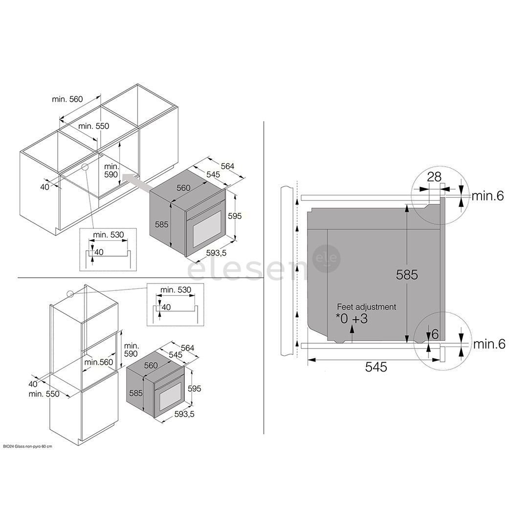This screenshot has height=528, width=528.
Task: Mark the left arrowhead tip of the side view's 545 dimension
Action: click(308, 360)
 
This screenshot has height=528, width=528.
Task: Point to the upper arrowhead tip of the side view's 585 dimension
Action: click(407, 205)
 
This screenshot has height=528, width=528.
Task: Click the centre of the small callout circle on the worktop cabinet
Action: click(85, 167)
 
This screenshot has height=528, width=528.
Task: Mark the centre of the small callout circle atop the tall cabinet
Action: click(70, 294)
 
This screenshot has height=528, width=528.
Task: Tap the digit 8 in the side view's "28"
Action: click(438, 177)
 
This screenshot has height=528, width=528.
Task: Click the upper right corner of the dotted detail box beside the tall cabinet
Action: click(204, 284)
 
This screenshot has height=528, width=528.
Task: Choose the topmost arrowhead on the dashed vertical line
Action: click(297, 202)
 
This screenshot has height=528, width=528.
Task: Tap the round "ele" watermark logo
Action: click(327, 259)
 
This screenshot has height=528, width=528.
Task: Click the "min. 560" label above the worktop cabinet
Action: click(67, 99)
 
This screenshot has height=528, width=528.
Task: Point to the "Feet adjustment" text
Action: click(366, 307)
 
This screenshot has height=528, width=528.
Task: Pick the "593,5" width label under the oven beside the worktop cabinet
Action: click(216, 253)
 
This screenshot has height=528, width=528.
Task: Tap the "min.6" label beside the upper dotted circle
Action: click(487, 196)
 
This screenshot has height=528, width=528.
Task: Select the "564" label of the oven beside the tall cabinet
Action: click(188, 348)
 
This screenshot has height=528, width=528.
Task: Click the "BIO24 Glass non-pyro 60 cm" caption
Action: click(28, 446)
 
